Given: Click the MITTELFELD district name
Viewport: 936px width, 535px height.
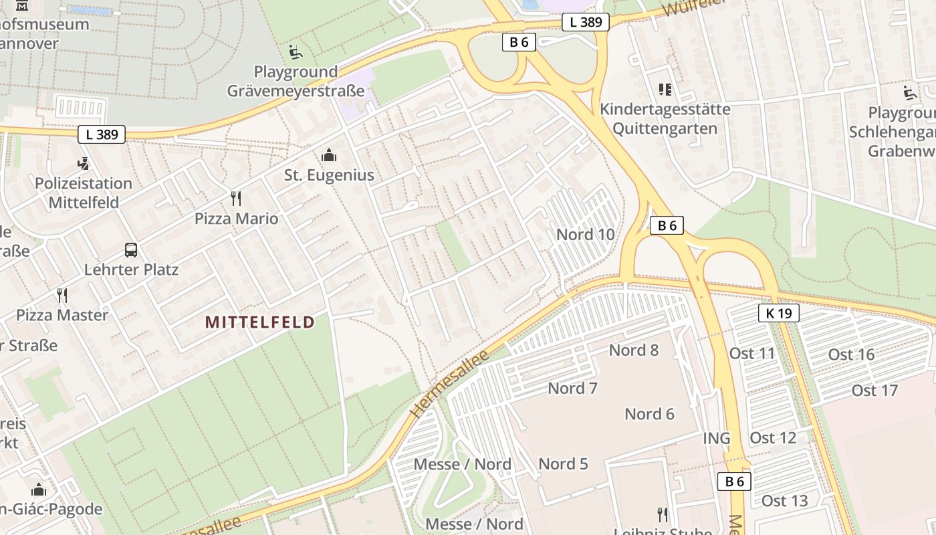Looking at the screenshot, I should coord(259,322).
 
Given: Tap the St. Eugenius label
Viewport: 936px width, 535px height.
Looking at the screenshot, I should coord(329,175).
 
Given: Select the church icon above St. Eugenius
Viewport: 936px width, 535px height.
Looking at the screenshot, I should coord(328,156).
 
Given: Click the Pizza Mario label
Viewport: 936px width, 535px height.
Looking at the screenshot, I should coord(236,219).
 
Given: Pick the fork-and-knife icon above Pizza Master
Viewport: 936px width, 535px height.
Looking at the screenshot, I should coord(62,296).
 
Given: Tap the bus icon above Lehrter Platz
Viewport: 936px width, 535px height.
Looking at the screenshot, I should coord(131,250).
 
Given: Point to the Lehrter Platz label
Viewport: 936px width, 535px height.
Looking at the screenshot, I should coord(131,270).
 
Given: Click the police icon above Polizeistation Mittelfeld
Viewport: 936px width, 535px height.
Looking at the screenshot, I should coord(84,163).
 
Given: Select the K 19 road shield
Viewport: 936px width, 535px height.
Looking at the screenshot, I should coord(779,312).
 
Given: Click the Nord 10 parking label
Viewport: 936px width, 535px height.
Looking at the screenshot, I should coord(585,235).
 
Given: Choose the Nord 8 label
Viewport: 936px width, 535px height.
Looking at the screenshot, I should coord(634,350).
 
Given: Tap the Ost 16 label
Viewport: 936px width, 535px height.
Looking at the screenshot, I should coord(851,354).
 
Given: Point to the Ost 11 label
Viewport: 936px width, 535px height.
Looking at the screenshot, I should coord(752,354).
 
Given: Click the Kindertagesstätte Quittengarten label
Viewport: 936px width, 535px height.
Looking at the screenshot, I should coord(665,118).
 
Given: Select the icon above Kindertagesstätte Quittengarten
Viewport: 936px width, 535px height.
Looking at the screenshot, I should coord(665,89).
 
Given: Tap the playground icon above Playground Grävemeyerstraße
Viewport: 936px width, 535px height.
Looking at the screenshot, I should coord(295,51).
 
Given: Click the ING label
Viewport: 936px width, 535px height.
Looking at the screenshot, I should coord(716,439).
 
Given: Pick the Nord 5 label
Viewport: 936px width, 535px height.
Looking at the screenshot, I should coord(563,464).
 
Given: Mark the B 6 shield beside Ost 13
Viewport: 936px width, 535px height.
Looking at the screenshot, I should coord(734,481).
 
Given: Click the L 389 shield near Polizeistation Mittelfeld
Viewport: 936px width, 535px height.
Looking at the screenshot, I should coord(102,134).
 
